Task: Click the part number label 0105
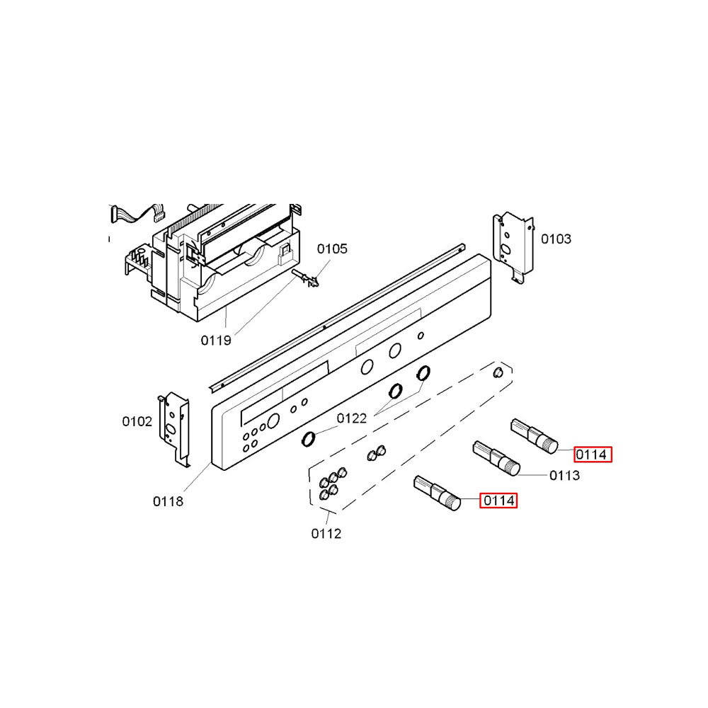pyautogui.click(x=332, y=249)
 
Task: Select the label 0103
pyautogui.click(x=556, y=239)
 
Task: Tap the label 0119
pyautogui.click(x=215, y=341)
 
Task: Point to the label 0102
pyautogui.click(x=137, y=422)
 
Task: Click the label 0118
pyautogui.click(x=168, y=502)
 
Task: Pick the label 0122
pyautogui.click(x=352, y=418)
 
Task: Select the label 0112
pyautogui.click(x=326, y=533)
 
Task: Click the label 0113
pyautogui.click(x=565, y=476)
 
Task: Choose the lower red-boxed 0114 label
pyautogui.click(x=498, y=501)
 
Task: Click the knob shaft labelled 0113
pyautogui.click(x=496, y=457)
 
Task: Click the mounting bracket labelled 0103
pyautogui.click(x=513, y=245)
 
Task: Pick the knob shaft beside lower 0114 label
pyautogui.click(x=437, y=492)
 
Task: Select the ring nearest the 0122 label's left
pyautogui.click(x=309, y=440)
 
